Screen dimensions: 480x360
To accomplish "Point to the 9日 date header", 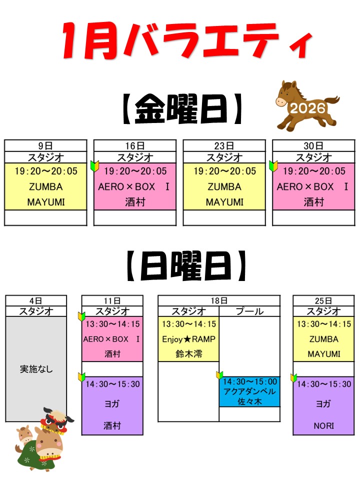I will (45, 145).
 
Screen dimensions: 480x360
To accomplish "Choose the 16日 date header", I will (134, 145).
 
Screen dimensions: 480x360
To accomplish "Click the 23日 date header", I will (224, 145).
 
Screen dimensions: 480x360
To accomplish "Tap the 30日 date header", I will (313, 145).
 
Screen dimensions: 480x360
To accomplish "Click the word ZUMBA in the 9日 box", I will (45, 187).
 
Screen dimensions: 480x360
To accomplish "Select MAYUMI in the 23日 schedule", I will (224, 202).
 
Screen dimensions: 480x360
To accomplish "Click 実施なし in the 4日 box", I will (36, 369).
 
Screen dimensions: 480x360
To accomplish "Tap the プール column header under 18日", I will (249, 311).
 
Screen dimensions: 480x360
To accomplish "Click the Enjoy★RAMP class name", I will (188, 339).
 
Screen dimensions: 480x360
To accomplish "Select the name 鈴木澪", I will (188, 354).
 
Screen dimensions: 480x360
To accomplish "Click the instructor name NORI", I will (323, 426).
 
